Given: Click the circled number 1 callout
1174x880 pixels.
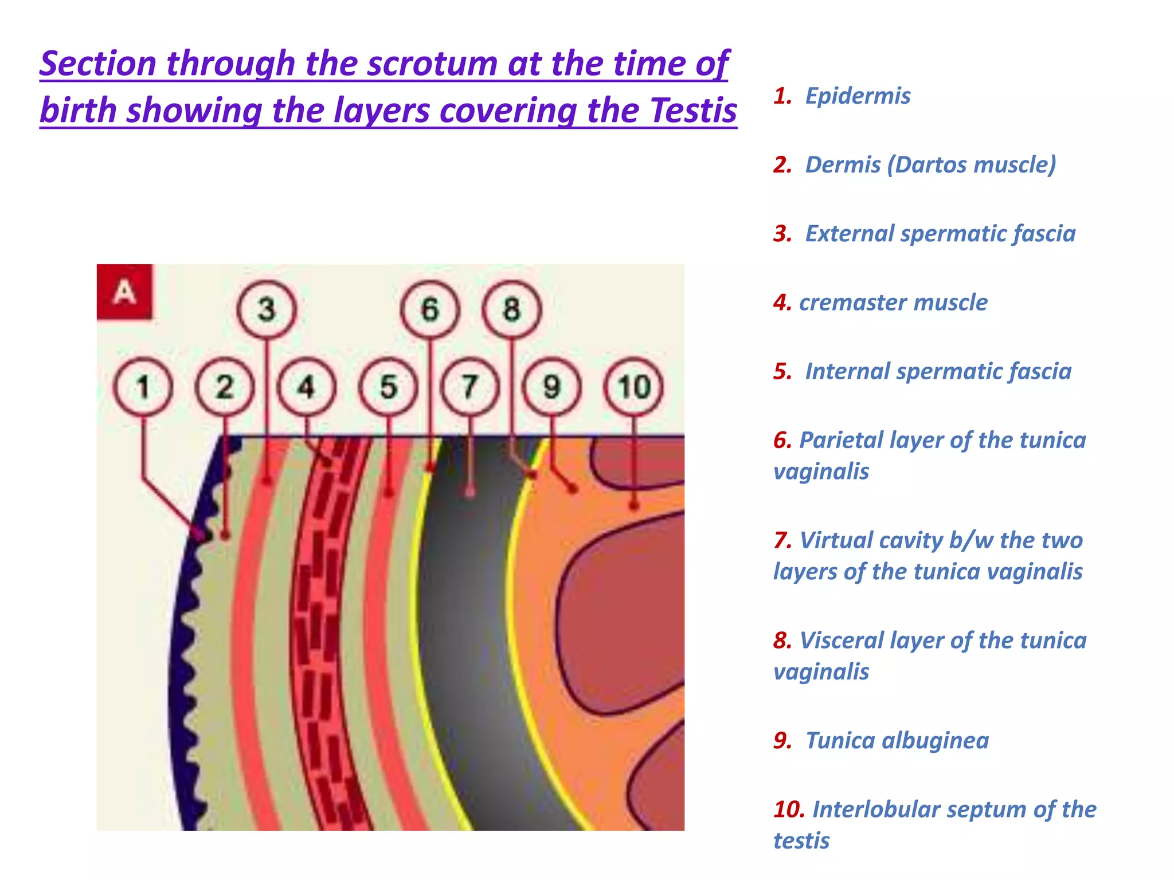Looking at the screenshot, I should pyautogui.click(x=143, y=387).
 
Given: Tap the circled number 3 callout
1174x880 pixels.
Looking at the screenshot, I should pyautogui.click(x=267, y=309).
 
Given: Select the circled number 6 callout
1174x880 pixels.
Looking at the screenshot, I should pyautogui.click(x=430, y=309).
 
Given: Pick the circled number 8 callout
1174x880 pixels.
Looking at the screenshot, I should pyautogui.click(x=511, y=309).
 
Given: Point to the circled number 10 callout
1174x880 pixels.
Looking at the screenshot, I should pyautogui.click(x=633, y=387).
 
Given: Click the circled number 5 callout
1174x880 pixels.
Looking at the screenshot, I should pyautogui.click(x=388, y=387).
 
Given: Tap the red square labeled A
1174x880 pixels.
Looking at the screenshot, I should pyautogui.click(x=124, y=292).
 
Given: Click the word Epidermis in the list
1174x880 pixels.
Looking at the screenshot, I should pyautogui.click(x=858, y=96).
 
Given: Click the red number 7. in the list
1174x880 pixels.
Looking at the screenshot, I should pyautogui.click(x=782, y=540).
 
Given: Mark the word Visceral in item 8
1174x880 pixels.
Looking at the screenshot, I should pyautogui.click(x=841, y=641).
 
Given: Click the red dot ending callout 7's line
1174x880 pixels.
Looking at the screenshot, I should pyautogui.click(x=470, y=492).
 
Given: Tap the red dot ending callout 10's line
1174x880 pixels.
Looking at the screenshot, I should pyautogui.click(x=634, y=505).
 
